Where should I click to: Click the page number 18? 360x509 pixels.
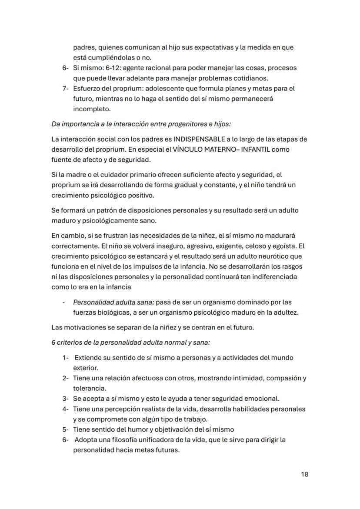(304, 474)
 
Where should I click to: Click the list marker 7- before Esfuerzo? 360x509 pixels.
(65, 89)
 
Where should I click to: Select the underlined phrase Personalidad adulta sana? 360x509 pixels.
(113, 302)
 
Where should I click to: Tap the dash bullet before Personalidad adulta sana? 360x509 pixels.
(63, 302)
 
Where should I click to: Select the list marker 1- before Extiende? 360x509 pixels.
(65, 358)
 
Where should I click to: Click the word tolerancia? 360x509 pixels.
(90, 388)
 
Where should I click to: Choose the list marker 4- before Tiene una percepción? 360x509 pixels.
(65, 409)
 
